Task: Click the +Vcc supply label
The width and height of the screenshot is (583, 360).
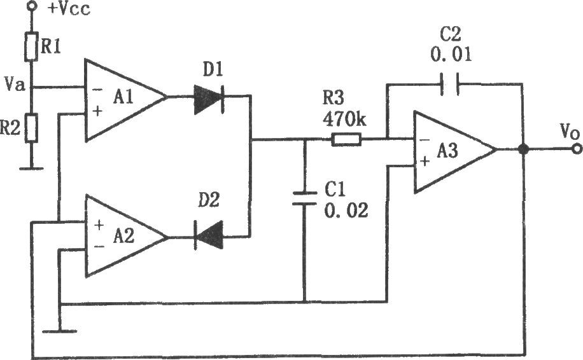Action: point(69,9)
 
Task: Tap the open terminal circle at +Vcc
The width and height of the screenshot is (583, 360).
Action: point(32,5)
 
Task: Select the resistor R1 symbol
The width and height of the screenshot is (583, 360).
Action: point(31,47)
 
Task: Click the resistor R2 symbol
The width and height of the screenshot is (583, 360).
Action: point(31,128)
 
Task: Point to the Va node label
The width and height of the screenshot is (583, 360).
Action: point(15,84)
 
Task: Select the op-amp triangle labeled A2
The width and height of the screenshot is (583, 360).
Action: point(125,236)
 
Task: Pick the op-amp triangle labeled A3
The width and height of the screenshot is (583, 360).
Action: point(455,152)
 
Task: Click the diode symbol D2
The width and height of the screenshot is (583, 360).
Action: point(209,235)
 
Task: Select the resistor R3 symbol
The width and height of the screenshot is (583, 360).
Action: point(346,140)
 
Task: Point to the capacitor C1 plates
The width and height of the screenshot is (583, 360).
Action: point(304,198)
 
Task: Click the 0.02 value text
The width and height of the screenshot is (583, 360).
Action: point(346,211)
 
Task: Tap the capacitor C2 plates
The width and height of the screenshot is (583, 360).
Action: point(450,85)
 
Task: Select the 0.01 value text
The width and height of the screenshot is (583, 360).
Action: point(451,54)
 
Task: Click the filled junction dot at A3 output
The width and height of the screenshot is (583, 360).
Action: point(523,149)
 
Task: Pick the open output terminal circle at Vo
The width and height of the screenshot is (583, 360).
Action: point(577,149)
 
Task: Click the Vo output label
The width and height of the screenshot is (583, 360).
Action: point(570,132)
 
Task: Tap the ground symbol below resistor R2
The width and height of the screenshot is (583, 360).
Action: point(31,168)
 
